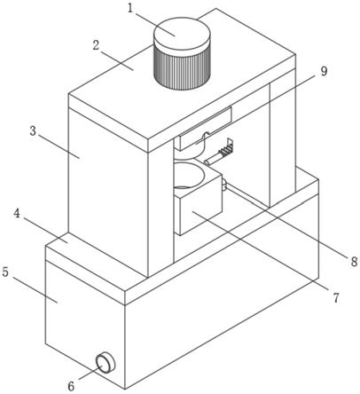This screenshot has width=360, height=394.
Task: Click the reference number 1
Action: click(x=131, y=8)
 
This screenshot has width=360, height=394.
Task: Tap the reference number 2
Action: click(x=96, y=46)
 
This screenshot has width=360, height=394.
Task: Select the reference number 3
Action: click(x=34, y=130)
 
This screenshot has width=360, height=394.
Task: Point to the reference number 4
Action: click(x=18, y=214)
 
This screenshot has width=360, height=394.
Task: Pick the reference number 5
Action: click(x=5, y=272)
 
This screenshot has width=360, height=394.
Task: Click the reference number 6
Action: click(x=72, y=386)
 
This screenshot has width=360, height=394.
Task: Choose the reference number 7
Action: click(x=336, y=298)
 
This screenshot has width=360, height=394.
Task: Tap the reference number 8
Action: click(x=353, y=262)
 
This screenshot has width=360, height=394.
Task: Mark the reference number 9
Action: click(x=325, y=71)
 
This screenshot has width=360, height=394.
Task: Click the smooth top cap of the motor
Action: click(x=182, y=34)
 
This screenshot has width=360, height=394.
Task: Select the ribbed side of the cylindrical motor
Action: click(x=182, y=69)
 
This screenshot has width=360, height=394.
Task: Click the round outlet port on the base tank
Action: click(x=105, y=362)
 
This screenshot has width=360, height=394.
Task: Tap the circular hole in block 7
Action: click(x=189, y=175)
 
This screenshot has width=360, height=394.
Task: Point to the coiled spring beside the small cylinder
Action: click(x=224, y=153)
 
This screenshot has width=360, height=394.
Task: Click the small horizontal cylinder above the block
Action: click(x=213, y=159)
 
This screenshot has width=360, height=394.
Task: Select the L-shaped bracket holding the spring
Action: click(x=231, y=146)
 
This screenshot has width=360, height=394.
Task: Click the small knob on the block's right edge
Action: click(x=224, y=185)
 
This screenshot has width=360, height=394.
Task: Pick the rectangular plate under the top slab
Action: click(x=203, y=128)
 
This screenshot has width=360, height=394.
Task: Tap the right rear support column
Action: click(x=282, y=139)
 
